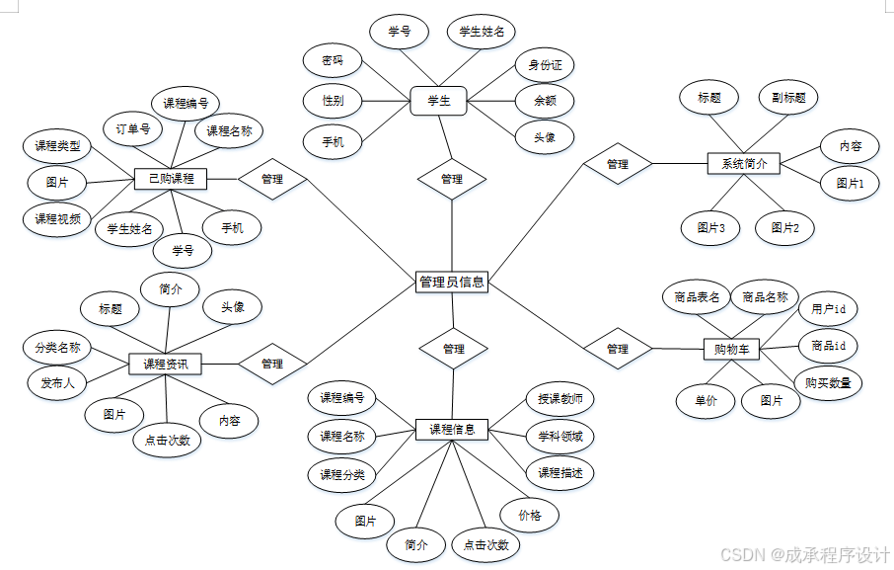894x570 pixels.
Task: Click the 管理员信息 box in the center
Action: coord(451,282)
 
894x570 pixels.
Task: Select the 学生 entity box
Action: coord(438,100)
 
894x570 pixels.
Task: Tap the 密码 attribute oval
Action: coord(333,59)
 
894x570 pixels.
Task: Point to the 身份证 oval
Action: coord(544,65)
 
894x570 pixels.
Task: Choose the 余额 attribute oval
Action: coord(545,100)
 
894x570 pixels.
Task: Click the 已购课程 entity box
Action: coord(171,179)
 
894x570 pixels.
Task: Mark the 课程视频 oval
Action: coord(57,218)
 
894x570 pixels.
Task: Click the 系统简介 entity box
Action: coord(744,163)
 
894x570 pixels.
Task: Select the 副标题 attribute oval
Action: coord(788,98)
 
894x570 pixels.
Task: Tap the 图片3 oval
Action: coord(710,227)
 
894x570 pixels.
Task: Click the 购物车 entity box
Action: coord(731,348)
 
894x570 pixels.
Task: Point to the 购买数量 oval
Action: coord(827,382)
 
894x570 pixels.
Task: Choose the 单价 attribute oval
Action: coord(705,400)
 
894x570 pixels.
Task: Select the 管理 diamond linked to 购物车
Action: coord(618,349)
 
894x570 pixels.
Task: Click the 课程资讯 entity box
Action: coord(165,364)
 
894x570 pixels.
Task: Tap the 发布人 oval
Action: coord(57,381)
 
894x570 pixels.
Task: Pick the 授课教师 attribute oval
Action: coord(559,399)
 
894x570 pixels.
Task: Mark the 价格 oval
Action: coord(530,515)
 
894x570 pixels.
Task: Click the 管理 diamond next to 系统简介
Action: coord(618,164)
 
